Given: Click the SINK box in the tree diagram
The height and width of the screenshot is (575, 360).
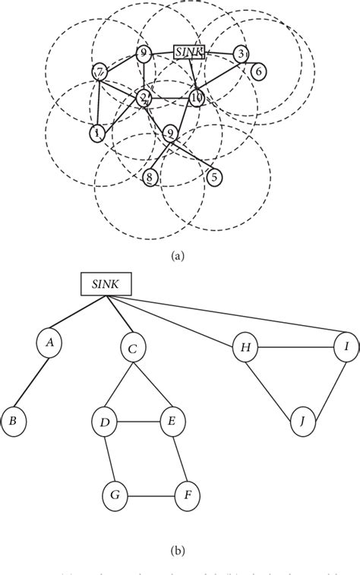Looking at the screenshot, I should coord(107,285).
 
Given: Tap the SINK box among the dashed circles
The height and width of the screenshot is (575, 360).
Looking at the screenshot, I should coord(188,52).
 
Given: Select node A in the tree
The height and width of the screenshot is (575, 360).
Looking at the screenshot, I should coord(50,343).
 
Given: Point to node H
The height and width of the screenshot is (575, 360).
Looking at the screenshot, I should coord(244,348).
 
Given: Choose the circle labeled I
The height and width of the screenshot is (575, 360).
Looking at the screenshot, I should coord(346,348).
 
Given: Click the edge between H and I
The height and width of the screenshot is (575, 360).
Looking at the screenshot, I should coord(295,348).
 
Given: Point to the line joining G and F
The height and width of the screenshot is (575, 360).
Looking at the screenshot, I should coord(151,498).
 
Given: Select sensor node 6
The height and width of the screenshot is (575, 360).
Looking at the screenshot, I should coord(258,71).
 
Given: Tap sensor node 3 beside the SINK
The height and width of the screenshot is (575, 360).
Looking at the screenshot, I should coord(240,53).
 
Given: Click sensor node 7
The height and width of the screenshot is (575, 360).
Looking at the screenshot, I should coord(99,72).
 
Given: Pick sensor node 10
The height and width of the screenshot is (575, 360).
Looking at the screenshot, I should coord(197,97).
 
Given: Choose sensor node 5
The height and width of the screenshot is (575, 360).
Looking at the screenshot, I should coord(215,177).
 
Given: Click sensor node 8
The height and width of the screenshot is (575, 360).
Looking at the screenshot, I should coord(150,177).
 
